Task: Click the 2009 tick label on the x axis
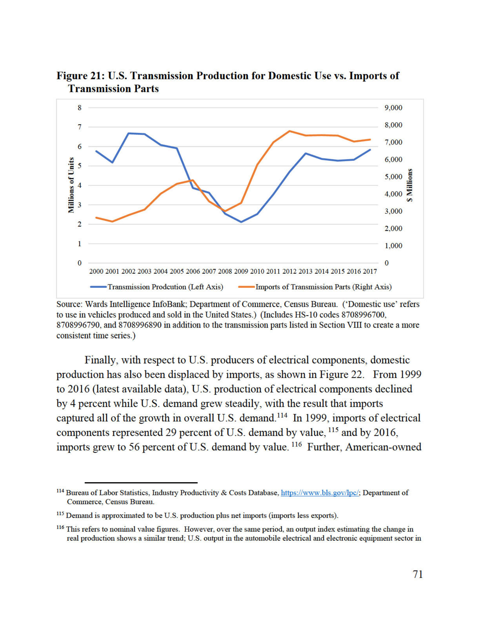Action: (x=241, y=272)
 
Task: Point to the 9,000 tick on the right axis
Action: (x=393, y=108)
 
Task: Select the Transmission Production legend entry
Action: (x=156, y=287)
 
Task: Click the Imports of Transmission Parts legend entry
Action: (x=315, y=287)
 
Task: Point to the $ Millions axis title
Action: (x=410, y=185)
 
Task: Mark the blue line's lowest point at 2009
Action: (x=241, y=222)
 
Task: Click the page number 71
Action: (x=417, y=574)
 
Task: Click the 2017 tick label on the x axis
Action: (x=369, y=272)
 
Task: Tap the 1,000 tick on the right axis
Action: (x=393, y=246)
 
